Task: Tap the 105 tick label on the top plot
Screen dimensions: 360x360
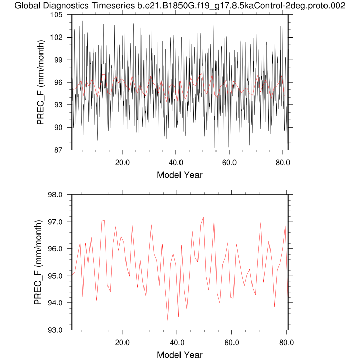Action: pos(56,15)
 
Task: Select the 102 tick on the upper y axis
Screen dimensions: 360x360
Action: pos(56,38)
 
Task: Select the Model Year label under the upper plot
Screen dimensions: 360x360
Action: pos(179,175)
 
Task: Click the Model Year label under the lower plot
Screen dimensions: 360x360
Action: pos(179,355)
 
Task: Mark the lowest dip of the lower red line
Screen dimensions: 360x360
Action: pos(168,320)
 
